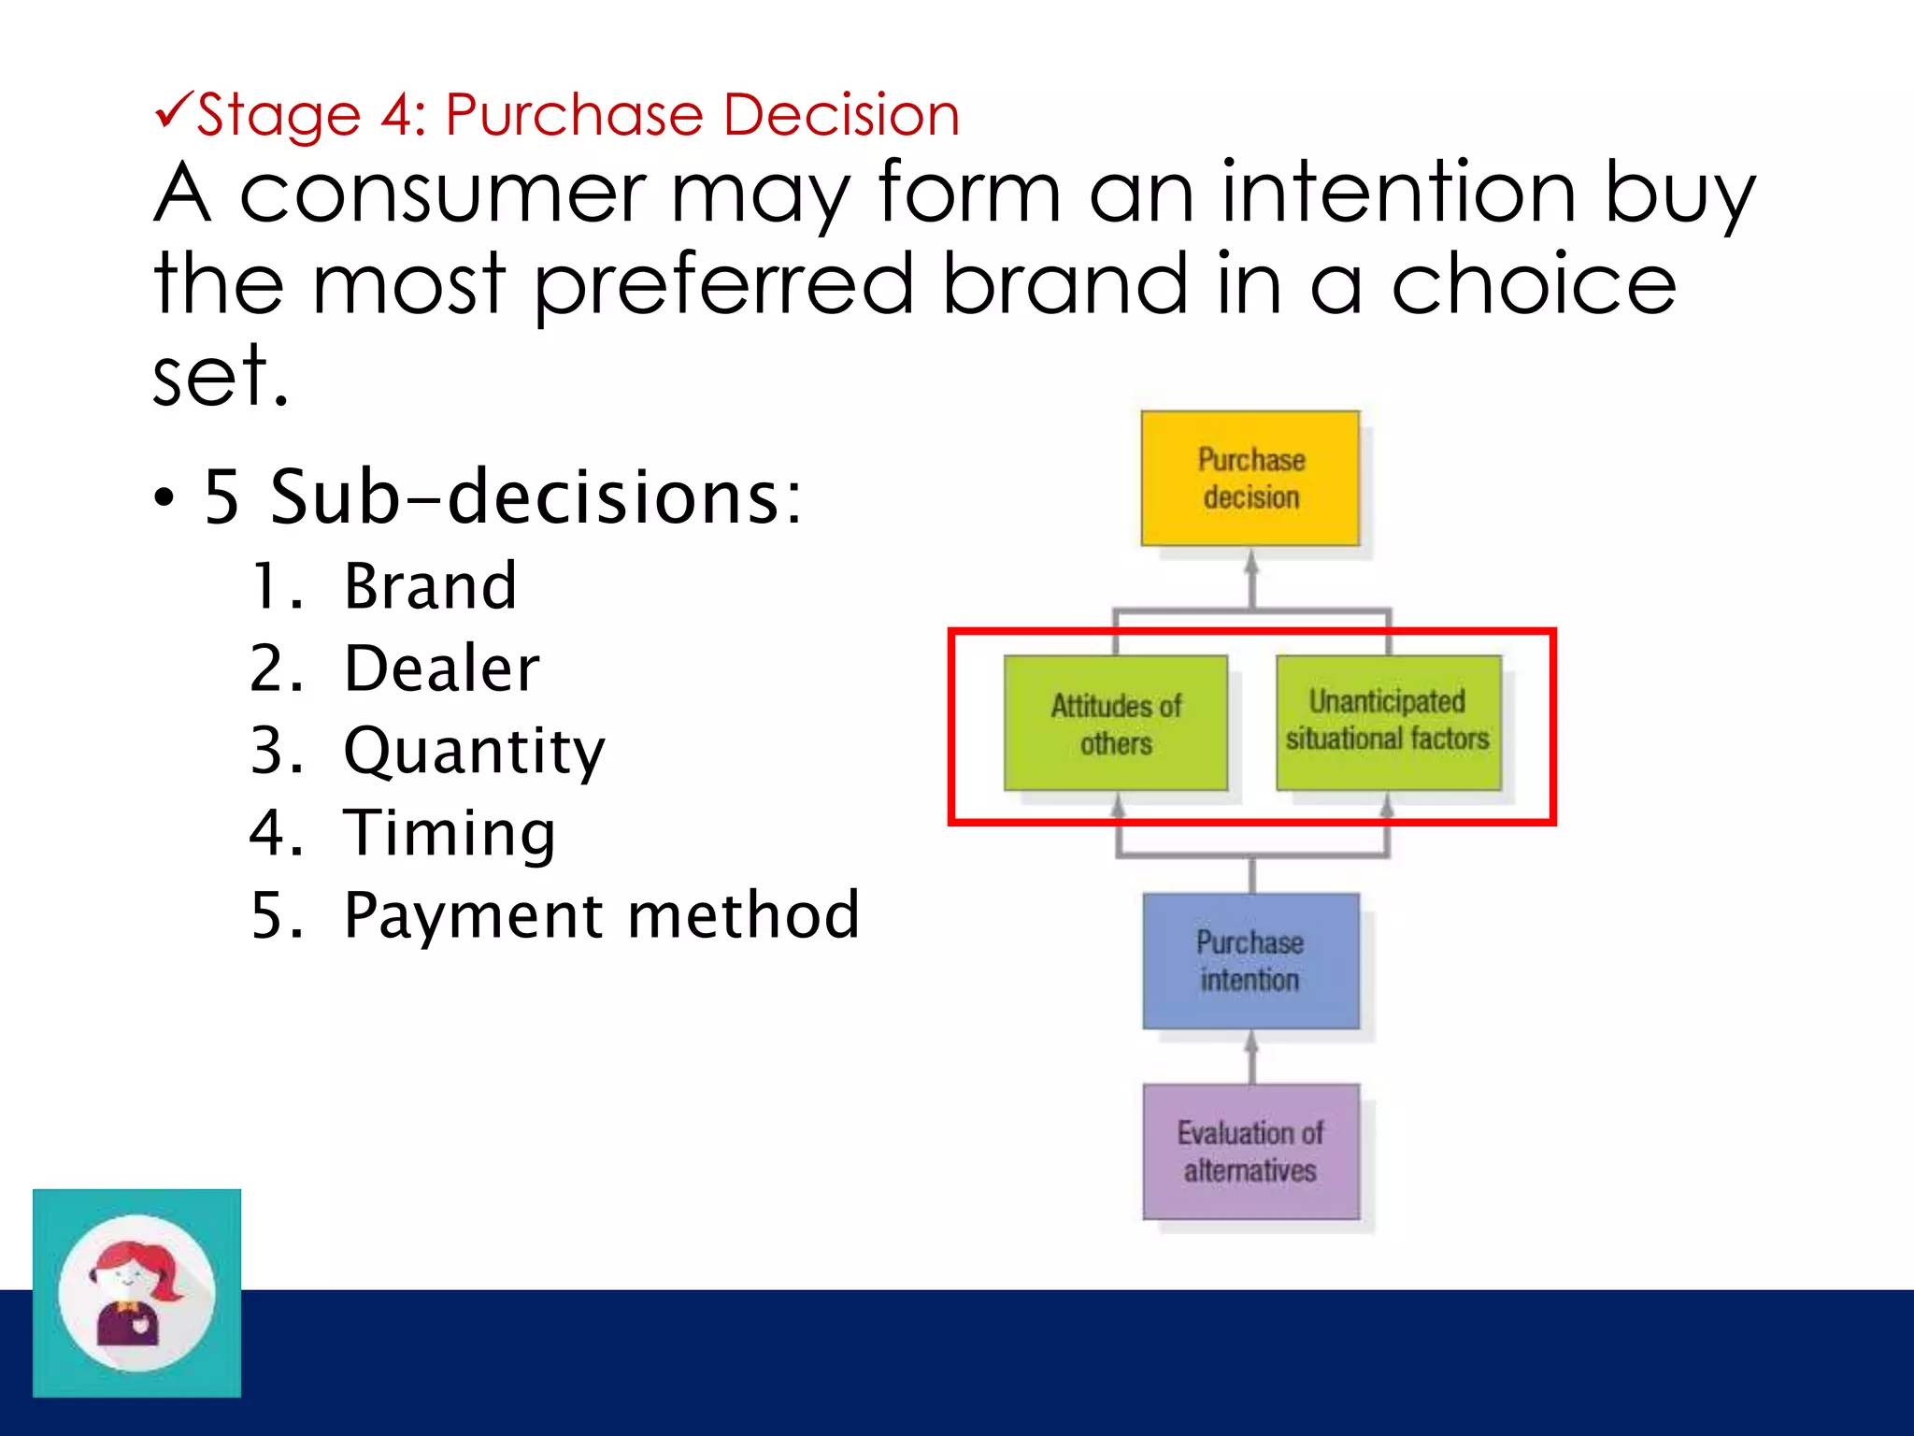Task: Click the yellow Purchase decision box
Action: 1250,478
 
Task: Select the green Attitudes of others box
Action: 1115,723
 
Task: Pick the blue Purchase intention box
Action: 1250,960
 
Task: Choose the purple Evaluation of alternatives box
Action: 1250,1151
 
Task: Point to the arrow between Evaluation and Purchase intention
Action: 1251,1056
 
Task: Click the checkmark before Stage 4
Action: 174,109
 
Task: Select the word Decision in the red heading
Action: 841,115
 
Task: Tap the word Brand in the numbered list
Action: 430,586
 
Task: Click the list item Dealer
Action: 441,668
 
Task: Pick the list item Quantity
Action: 474,751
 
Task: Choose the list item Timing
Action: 450,832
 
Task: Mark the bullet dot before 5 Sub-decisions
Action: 164,498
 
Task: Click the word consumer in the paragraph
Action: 442,194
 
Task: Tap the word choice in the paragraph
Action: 1534,285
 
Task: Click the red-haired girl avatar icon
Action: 136,1293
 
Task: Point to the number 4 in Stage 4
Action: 396,115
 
